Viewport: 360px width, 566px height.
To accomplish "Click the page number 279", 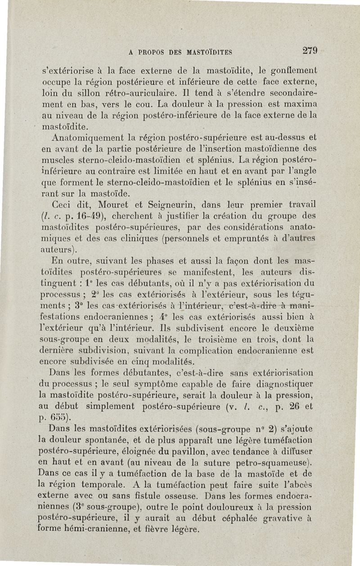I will pos(310,50).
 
